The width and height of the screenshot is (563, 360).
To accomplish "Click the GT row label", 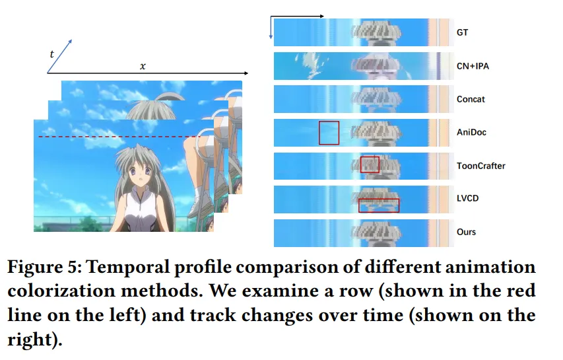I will click(462, 32).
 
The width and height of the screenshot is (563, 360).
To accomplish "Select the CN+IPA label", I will click(473, 65).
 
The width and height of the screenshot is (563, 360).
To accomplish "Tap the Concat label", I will click(471, 99).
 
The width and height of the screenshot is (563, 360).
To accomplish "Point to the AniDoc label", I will click(471, 132).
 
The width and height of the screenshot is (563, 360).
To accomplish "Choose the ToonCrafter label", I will click(480, 166).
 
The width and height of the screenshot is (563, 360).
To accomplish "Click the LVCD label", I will click(467, 199).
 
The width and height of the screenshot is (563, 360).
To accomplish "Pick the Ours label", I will click(466, 232).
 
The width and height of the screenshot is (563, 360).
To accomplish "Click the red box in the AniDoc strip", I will click(329, 133).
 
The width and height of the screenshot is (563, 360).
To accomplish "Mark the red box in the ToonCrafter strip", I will click(370, 164).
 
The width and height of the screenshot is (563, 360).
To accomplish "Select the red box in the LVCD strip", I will click(379, 205).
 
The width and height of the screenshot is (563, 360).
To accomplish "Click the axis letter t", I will click(51, 54).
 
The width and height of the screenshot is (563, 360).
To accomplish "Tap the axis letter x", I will click(143, 66).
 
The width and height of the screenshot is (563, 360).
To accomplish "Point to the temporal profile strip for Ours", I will click(362, 233).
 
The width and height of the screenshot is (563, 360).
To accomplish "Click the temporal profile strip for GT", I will click(362, 32).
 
